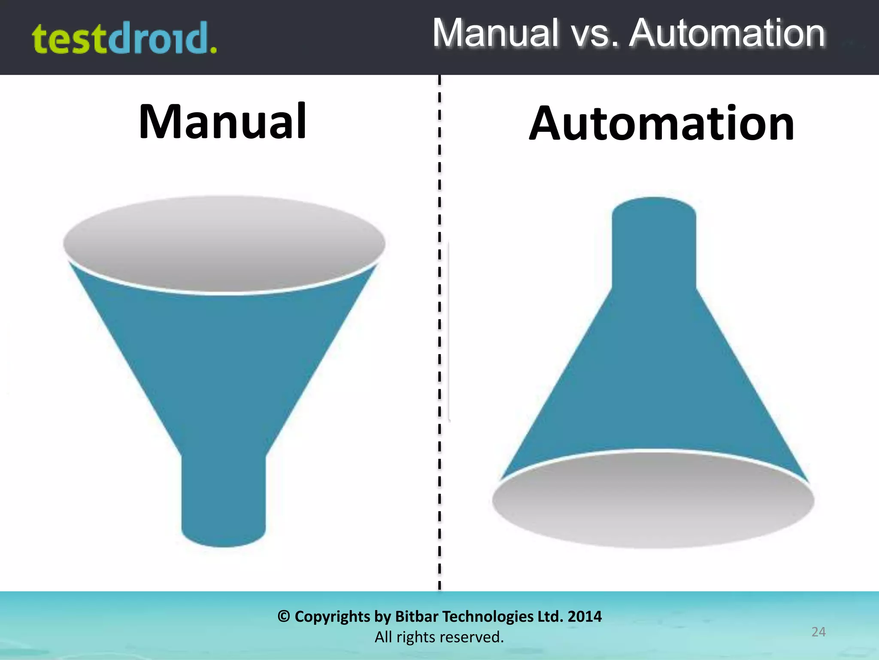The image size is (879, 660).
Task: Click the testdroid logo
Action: click(x=124, y=39)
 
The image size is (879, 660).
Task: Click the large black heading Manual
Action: click(x=222, y=122)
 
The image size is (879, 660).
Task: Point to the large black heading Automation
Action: click(x=661, y=124)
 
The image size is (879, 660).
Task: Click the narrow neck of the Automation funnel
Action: click(x=654, y=245)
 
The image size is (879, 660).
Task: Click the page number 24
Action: click(x=818, y=632)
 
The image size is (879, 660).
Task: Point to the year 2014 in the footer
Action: click(x=585, y=617)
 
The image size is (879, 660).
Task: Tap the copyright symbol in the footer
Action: click(x=283, y=617)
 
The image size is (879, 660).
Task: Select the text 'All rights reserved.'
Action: click(x=439, y=637)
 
